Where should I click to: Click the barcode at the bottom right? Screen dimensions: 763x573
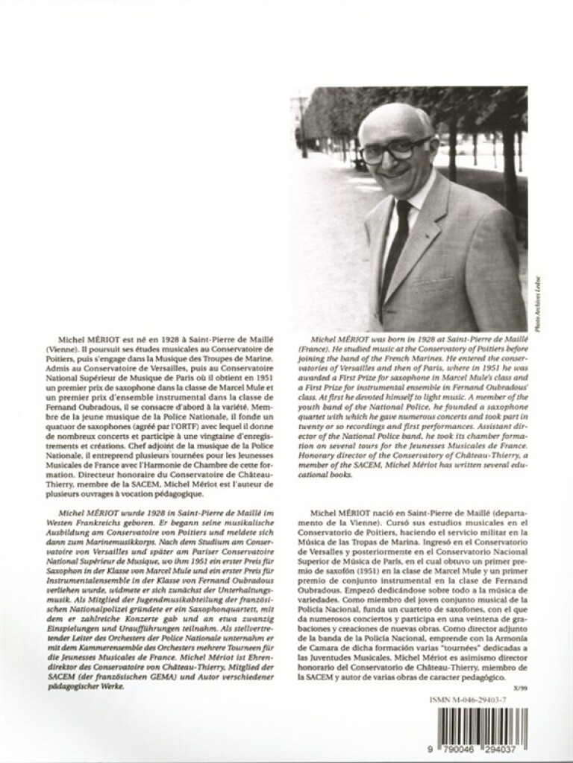tap(486, 724)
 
